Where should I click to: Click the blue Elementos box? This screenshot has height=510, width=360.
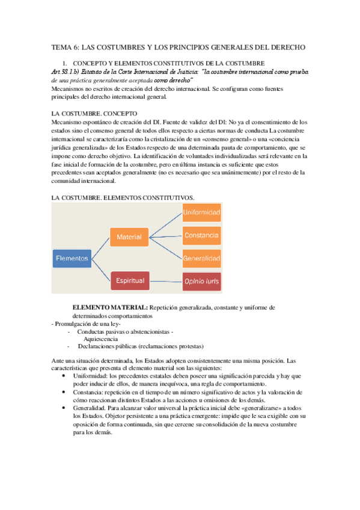pos(72,259)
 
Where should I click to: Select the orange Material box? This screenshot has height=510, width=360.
pos(129,237)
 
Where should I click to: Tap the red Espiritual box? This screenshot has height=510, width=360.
pos(129,280)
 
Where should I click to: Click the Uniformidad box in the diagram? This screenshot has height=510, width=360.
pos(201,213)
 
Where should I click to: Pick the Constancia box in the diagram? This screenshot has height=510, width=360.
pos(201,235)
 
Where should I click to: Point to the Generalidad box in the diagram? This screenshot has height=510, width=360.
pos(201,257)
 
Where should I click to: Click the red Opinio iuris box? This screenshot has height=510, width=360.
pos(201,281)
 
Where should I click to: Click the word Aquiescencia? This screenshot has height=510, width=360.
pos(101,339)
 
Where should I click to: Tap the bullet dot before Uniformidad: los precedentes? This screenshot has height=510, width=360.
pos(64,376)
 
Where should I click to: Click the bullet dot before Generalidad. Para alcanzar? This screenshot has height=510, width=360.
pos(64,407)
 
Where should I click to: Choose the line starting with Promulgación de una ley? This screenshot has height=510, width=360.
pos(88,324)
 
